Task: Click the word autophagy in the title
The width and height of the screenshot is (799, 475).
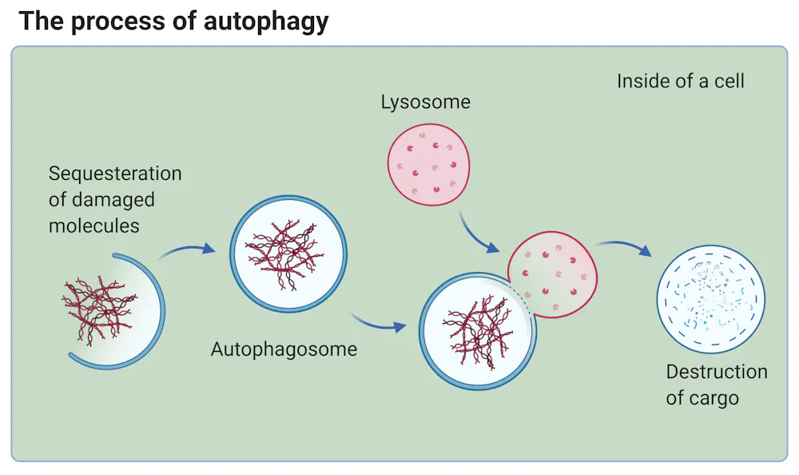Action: (x=266, y=21)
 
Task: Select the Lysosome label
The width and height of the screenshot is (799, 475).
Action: (x=425, y=102)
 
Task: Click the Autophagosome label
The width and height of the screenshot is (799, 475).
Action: (x=284, y=349)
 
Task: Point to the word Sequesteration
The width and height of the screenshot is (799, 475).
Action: (x=115, y=174)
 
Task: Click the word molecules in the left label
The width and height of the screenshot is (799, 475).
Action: (x=93, y=226)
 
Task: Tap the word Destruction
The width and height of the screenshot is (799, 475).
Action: (x=716, y=372)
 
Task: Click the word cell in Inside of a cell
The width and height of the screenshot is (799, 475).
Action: (x=726, y=81)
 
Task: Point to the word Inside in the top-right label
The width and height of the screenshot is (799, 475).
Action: (x=642, y=81)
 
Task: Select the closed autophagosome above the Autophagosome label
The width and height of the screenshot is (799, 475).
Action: (x=288, y=253)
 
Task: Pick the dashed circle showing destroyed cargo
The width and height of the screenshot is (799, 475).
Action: (x=710, y=299)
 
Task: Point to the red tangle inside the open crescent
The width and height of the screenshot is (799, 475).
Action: (x=96, y=309)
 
